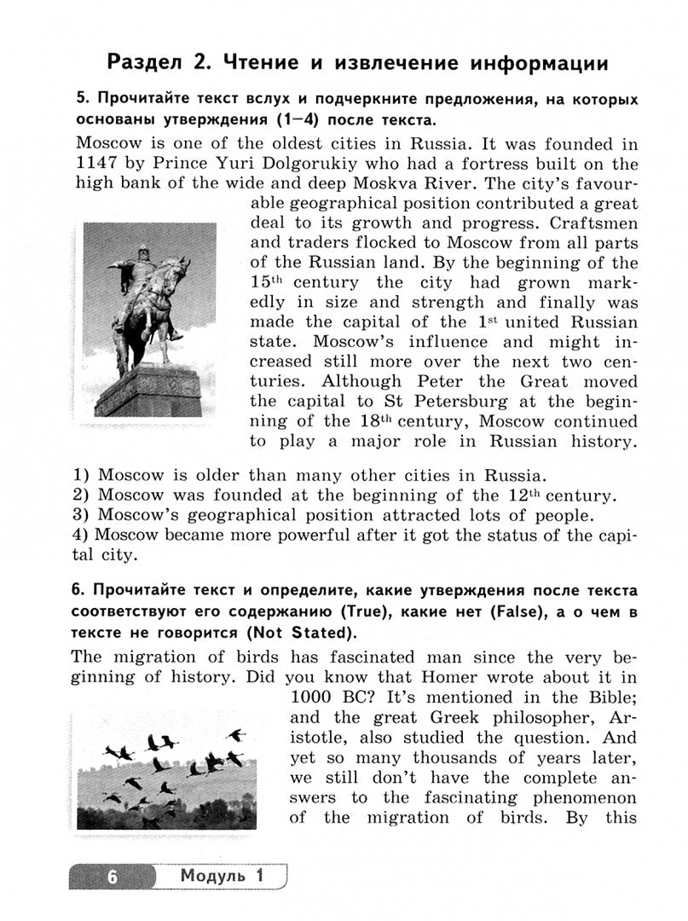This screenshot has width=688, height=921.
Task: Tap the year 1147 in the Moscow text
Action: (x=98, y=165)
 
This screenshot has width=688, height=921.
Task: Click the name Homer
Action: (x=418, y=677)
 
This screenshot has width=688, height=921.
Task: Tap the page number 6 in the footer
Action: (x=112, y=876)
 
